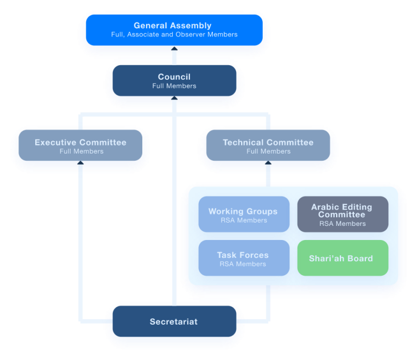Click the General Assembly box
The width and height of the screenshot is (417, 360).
[173, 29]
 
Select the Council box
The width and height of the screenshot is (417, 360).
[174, 81]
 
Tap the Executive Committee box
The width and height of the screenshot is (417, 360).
[80, 146]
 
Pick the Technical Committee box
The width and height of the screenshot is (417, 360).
[268, 146]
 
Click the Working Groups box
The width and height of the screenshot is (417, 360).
[243, 214]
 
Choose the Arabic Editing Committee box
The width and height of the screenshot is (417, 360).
[343, 214]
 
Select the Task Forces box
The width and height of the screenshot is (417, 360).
[243, 258]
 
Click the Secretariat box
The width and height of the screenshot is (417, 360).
[174, 321]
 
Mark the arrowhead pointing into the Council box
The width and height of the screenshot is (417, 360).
[174, 98]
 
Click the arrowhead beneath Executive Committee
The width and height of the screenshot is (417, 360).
[81, 162]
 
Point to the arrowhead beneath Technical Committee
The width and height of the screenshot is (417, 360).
[268, 162]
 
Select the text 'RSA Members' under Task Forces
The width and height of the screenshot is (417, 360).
[243, 264]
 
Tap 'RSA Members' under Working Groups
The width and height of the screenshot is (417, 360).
[243, 220]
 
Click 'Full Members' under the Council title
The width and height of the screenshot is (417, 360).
[174, 86]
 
